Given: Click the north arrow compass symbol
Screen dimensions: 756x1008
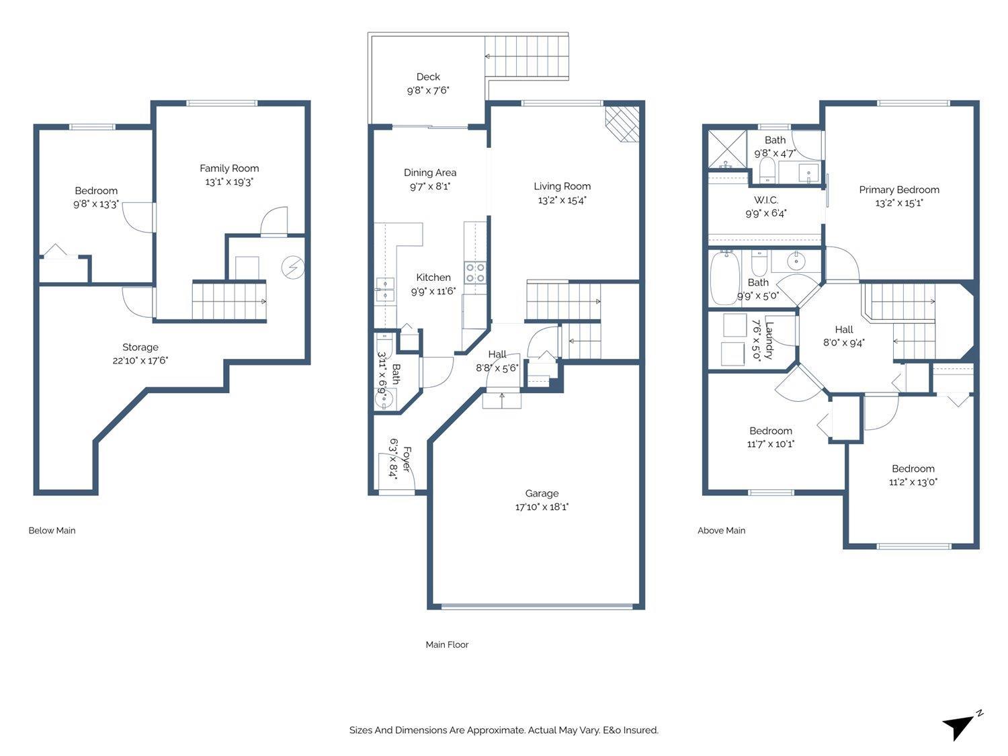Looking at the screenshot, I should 960,726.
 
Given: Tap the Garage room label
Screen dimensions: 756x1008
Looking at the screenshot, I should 542,493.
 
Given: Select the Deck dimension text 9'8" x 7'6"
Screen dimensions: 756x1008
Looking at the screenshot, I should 428,90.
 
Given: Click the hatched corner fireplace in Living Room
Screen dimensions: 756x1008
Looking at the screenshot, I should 623,124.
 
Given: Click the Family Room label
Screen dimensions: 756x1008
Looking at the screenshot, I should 229,168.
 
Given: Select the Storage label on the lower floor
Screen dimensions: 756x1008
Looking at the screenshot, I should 140,347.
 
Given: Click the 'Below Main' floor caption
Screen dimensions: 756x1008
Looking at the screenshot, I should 52,530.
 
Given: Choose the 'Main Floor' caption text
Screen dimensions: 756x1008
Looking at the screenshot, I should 447,644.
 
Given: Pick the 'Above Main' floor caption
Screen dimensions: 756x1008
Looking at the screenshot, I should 721,530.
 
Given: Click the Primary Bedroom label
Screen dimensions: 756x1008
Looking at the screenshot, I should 899,190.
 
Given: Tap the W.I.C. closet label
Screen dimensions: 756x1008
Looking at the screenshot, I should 765,200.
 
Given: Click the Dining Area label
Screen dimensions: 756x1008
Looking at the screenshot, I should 430,173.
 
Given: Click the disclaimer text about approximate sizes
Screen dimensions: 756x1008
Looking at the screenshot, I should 503,730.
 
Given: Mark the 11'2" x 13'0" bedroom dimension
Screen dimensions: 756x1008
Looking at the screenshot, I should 913,482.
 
